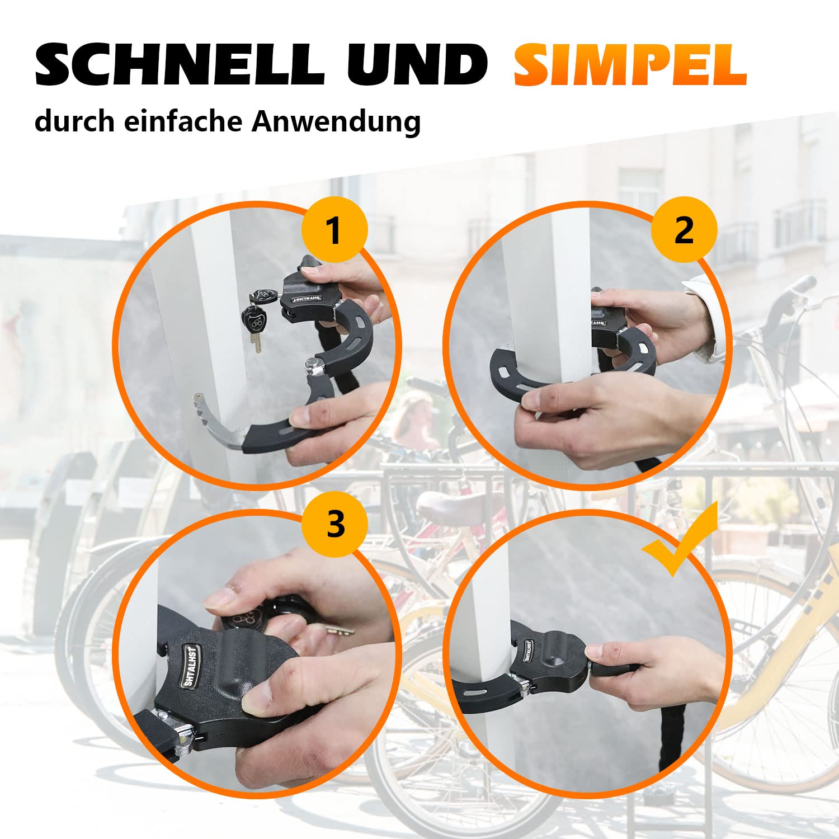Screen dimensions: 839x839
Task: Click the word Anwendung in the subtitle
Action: click(336, 122)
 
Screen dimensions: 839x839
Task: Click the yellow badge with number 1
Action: click(334, 229)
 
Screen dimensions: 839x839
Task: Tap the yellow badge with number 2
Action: click(684, 229)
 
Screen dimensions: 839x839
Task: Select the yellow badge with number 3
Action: click(335, 524)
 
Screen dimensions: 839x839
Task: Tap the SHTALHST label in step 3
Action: click(192, 665)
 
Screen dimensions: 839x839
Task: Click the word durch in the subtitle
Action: click(74, 121)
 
